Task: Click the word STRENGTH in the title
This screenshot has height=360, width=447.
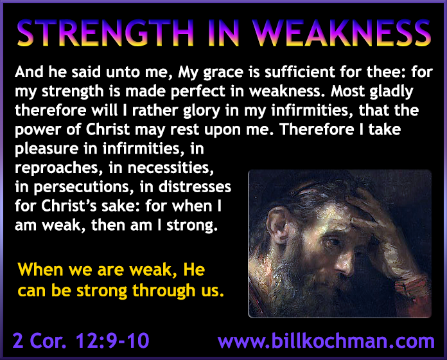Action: tap(105, 33)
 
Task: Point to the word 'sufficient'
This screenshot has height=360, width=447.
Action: tap(300, 71)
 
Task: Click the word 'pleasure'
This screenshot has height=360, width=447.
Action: tap(46, 150)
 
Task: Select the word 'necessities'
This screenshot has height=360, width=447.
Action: tap(170, 168)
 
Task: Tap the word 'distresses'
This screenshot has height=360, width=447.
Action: tap(195, 187)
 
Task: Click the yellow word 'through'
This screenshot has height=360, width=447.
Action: tap(164, 291)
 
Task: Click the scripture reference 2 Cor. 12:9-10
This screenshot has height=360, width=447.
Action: tap(81, 340)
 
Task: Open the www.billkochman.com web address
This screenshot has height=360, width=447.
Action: tap(326, 340)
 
